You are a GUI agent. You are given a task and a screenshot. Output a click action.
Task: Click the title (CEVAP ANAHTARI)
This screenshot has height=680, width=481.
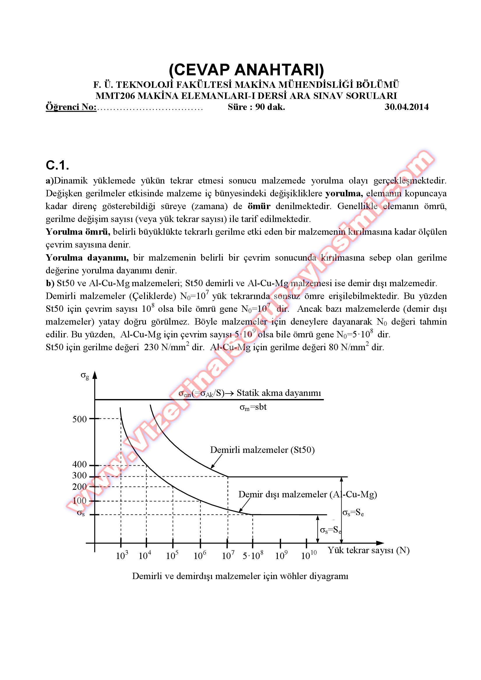tap(246, 70)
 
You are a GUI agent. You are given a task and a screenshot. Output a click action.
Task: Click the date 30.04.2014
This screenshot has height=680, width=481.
tap(406, 107)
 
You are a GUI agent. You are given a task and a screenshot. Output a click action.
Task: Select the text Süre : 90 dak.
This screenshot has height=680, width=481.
tap(256, 107)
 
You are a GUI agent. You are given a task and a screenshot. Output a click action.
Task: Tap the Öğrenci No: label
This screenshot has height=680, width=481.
tap(71, 107)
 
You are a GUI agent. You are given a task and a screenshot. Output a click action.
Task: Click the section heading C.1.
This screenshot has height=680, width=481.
tap(58, 165)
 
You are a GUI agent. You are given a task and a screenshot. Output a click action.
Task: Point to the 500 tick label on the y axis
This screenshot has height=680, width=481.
tap(79, 419)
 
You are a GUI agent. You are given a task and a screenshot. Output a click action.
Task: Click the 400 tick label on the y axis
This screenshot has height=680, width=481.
tap(79, 464)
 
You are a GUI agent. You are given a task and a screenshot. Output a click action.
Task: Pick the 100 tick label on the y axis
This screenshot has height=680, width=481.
tap(79, 501)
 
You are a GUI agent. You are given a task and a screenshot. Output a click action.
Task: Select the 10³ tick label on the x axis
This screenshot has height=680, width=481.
tap(122, 556)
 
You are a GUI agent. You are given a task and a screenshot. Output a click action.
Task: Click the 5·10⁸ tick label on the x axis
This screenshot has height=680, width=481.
tap(253, 556)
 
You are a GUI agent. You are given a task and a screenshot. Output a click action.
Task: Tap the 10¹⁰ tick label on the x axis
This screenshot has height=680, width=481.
tap(309, 556)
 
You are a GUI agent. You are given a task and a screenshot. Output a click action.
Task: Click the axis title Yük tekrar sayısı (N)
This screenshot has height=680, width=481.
tap(368, 550)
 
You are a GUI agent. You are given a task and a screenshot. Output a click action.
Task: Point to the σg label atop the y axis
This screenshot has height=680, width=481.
tap(85, 375)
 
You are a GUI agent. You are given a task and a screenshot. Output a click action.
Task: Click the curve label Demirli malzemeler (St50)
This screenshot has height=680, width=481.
tap(262, 450)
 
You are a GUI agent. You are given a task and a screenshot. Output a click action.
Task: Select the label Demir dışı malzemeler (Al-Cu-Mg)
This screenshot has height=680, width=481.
tap(307, 494)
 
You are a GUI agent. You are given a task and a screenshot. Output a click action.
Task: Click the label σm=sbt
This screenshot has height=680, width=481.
tap(253, 407)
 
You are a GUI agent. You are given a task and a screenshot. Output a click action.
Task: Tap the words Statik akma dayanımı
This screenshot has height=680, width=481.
tap(279, 393)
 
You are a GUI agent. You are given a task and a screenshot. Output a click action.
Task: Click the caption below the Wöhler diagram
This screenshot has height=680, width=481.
tap(240, 576)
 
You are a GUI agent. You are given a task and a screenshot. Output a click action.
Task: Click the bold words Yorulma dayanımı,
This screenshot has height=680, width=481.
tap(87, 258)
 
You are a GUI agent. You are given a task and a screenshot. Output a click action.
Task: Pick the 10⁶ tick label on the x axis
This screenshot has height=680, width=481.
tap(200, 556)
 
